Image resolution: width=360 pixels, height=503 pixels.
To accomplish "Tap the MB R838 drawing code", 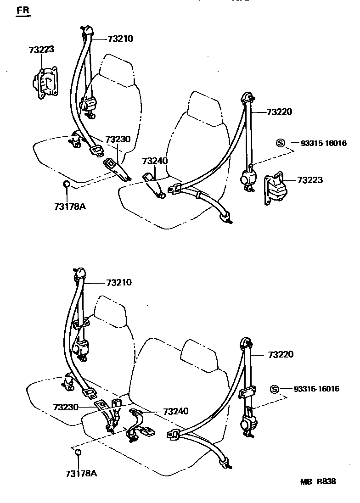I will coord(318,481).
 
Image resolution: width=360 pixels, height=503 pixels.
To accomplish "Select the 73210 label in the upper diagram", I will coord(120,39).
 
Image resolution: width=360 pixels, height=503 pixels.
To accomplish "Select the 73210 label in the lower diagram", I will coord(119,282).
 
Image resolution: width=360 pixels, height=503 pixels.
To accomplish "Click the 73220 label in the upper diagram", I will coord(280,112).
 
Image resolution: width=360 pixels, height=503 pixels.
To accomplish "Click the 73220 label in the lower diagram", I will coord(281,355).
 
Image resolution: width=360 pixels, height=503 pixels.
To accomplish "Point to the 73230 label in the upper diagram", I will coord(118,140).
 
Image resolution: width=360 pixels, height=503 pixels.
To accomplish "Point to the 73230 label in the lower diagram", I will coord(66,407).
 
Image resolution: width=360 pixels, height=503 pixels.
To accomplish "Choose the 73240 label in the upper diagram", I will coord(155,161).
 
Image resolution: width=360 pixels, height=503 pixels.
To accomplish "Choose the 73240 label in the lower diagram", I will coord(176,412).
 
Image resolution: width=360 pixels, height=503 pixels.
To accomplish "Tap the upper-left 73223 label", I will coord(42,50).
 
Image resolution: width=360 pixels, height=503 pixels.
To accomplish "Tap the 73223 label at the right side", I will coord(310,180).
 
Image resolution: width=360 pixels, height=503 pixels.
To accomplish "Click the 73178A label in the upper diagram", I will coord(70,207).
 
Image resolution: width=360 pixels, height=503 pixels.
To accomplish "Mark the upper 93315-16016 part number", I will coord(324,143).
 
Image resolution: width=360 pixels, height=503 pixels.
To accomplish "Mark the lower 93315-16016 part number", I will coord(317,389).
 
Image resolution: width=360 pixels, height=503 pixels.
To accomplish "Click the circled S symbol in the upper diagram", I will coord(281,143).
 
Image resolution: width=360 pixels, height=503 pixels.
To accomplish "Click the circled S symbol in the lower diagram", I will coord(274,389).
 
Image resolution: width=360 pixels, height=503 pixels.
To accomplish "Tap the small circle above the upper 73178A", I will coord(66,184).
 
